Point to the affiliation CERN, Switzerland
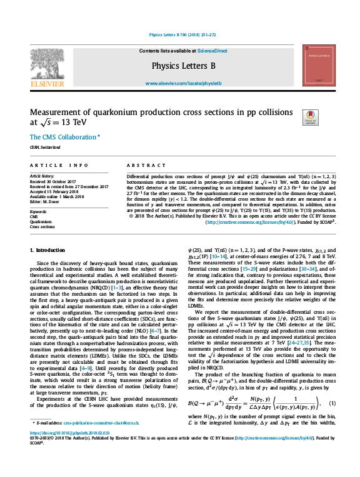[46, 148]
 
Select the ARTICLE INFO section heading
[59, 166]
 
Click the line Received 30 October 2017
[56, 182]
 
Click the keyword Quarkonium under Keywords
[41, 221]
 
